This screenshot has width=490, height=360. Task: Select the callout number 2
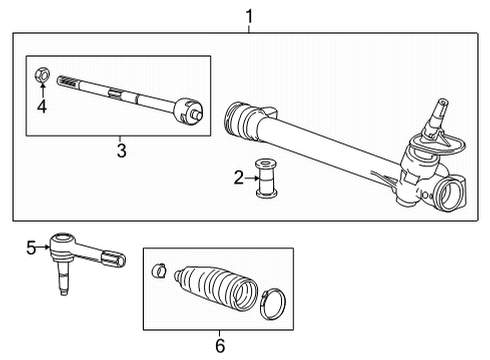tap(239, 178)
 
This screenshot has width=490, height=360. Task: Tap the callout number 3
tap(121, 150)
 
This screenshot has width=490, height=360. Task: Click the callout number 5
tap(30, 247)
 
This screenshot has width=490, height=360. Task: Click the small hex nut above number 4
tap(42, 73)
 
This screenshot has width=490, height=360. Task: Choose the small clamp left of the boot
tap(158, 270)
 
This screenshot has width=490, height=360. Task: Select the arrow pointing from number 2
tap(251, 178)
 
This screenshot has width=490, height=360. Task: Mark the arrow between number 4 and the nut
tap(42, 89)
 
